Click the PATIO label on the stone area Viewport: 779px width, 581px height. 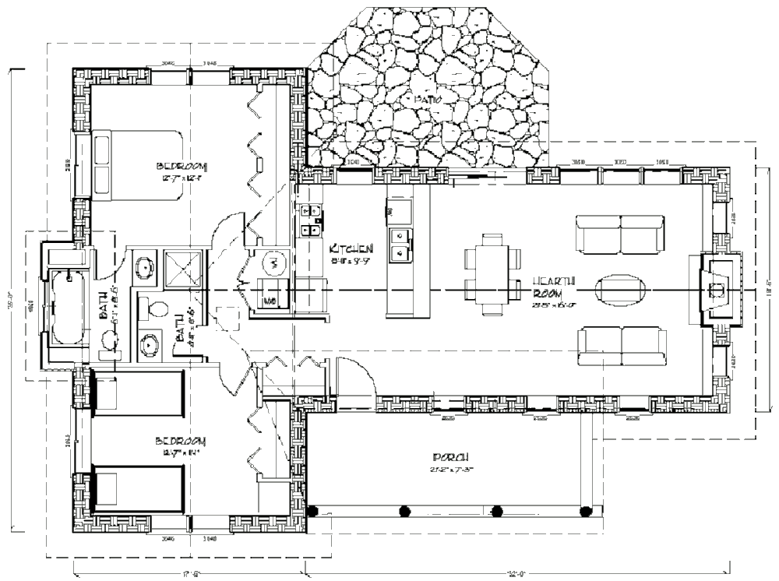428,99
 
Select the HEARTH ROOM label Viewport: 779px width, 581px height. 554,287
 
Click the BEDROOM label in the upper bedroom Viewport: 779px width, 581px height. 182,166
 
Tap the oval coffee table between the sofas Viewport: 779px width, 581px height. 621,288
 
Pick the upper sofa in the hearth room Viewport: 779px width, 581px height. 620,234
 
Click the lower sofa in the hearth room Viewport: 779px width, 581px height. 621,346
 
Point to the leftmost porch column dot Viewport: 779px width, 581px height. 313,511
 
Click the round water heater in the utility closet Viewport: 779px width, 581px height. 273,265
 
